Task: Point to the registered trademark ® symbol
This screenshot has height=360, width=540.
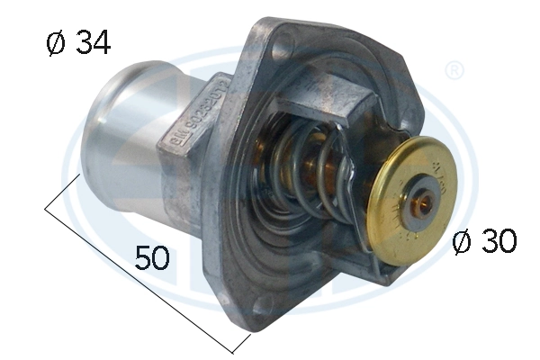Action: (454, 70)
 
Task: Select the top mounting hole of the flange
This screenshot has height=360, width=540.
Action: (286, 41)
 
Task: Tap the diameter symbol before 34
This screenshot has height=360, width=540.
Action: (55, 43)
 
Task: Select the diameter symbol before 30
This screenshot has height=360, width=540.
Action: (462, 242)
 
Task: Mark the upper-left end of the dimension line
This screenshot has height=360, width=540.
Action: (45, 211)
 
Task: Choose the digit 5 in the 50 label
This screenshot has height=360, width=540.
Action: (144, 258)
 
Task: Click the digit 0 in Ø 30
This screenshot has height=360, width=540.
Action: (506, 241)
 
